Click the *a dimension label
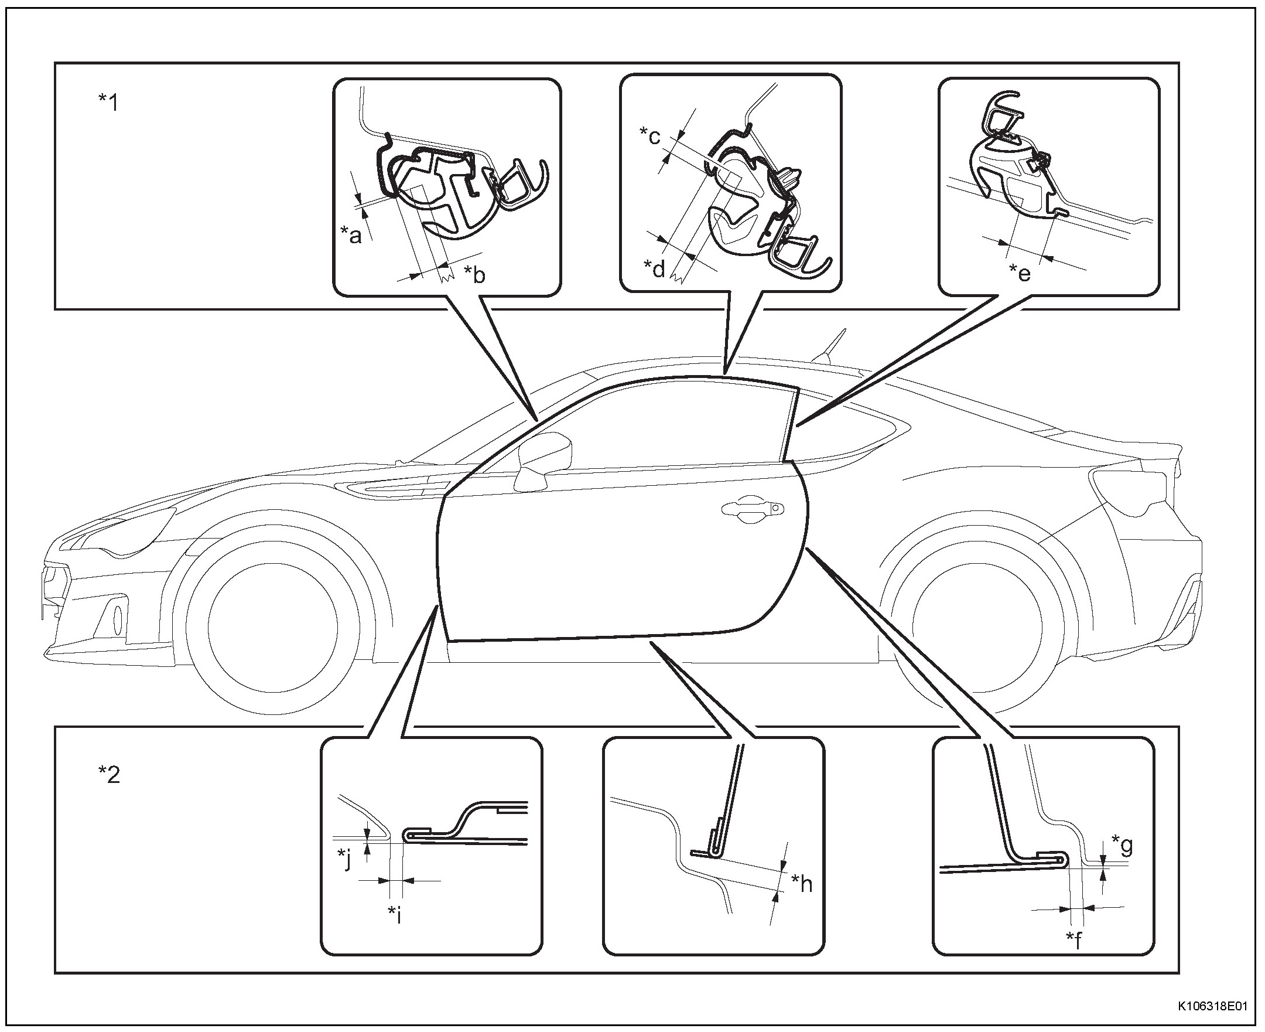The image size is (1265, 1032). (x=351, y=236)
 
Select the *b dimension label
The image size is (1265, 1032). (x=474, y=274)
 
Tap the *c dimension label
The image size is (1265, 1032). (x=649, y=135)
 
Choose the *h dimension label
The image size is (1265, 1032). (x=802, y=884)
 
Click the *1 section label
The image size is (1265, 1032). (x=109, y=102)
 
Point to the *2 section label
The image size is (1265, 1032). (x=109, y=775)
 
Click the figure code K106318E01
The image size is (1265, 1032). (x=1213, y=1006)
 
